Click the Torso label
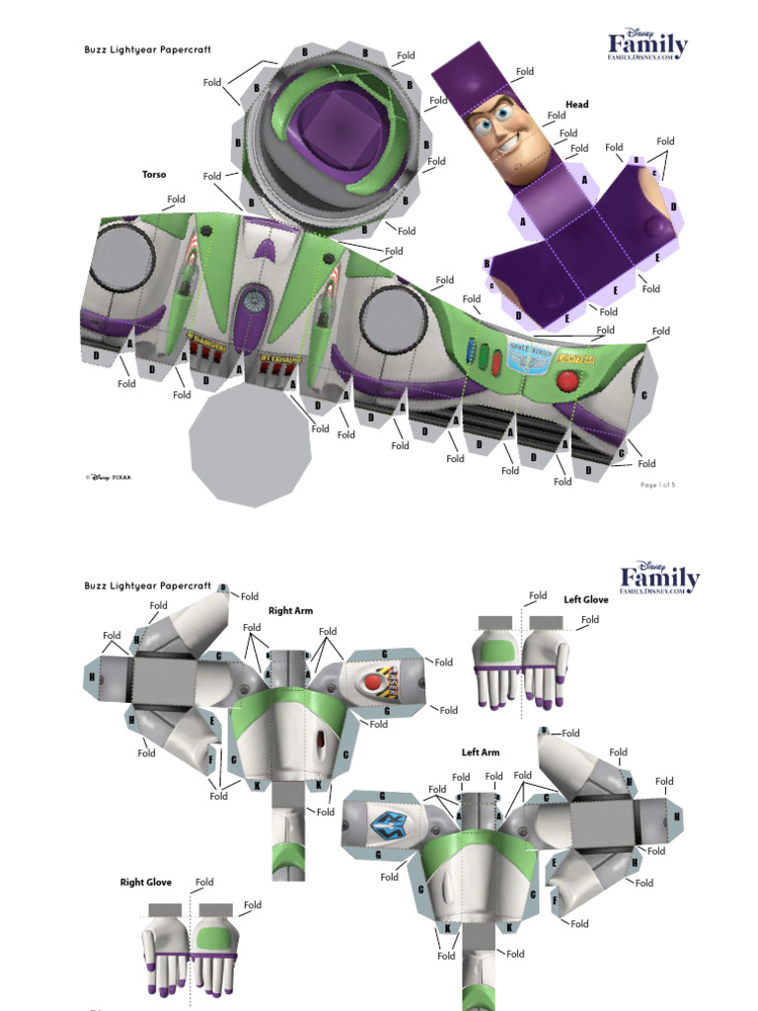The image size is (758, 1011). point(154,175)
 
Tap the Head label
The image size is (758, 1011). point(576,105)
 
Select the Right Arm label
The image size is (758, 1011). point(290,611)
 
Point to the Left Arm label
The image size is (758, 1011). point(481,752)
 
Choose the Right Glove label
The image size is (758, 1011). point(146,882)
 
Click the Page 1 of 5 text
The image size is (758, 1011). point(658,485)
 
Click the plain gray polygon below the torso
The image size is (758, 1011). point(250,444)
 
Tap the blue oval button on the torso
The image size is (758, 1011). point(470,352)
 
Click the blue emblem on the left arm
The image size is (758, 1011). point(382,818)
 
